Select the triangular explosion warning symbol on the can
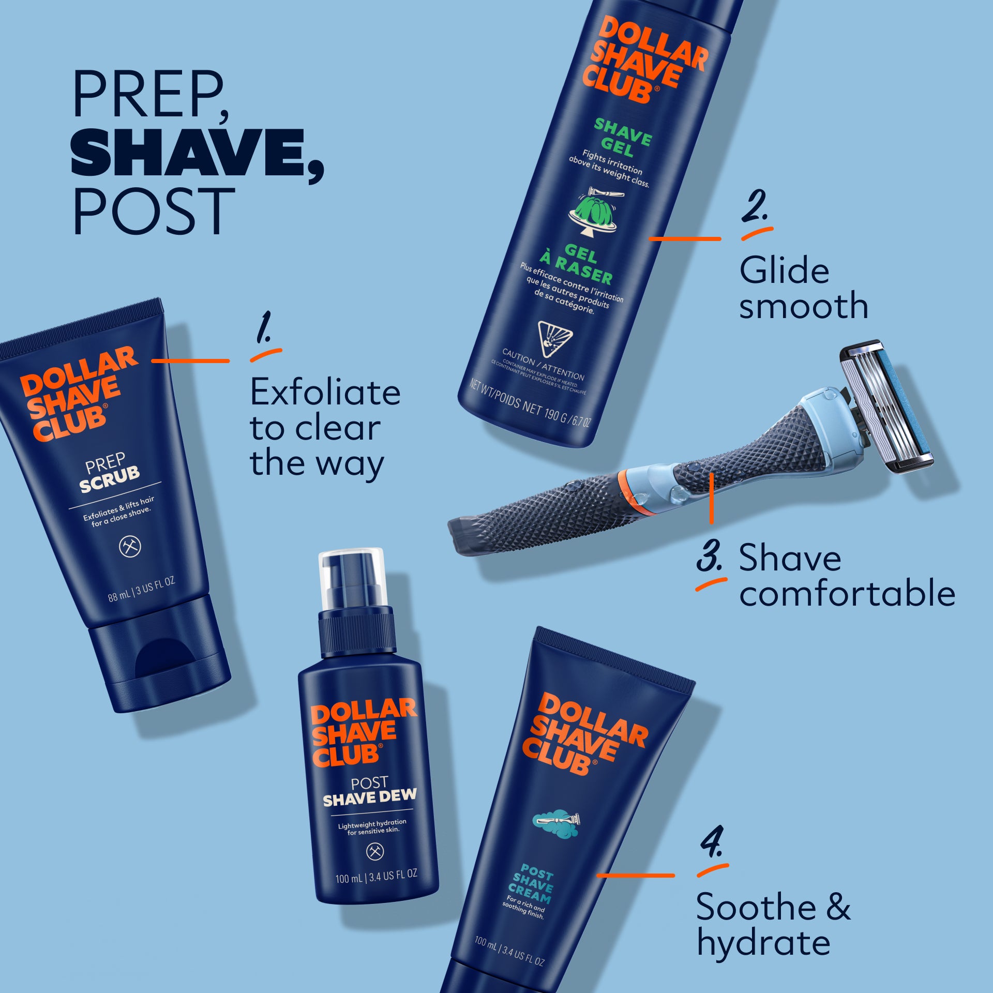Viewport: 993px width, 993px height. point(555,338)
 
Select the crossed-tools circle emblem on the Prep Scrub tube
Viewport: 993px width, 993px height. point(130,547)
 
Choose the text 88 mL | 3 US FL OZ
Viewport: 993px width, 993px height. point(141,590)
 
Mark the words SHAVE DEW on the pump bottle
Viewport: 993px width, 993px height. point(369,799)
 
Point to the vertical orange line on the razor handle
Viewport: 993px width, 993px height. point(712,498)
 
